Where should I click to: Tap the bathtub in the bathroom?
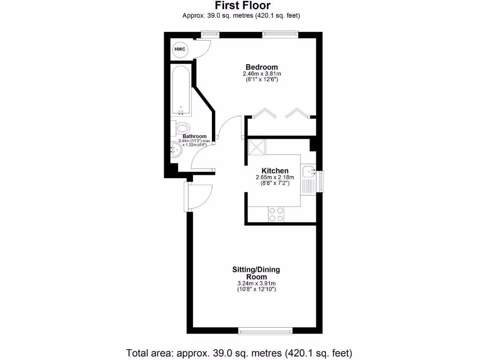click(181, 90)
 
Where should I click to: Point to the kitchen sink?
click(309, 172)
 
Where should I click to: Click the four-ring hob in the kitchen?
click(276, 214)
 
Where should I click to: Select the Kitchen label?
click(275, 171)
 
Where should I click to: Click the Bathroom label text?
click(195, 136)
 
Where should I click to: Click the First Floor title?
click(242, 6)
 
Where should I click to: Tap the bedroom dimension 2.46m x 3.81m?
click(262, 74)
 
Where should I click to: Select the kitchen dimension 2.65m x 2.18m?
click(275, 177)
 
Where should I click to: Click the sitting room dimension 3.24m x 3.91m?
click(256, 284)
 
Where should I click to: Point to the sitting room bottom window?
click(266, 331)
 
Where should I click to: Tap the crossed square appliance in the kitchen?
click(256, 147)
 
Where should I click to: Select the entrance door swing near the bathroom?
click(201, 196)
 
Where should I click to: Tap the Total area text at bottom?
click(239, 352)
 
